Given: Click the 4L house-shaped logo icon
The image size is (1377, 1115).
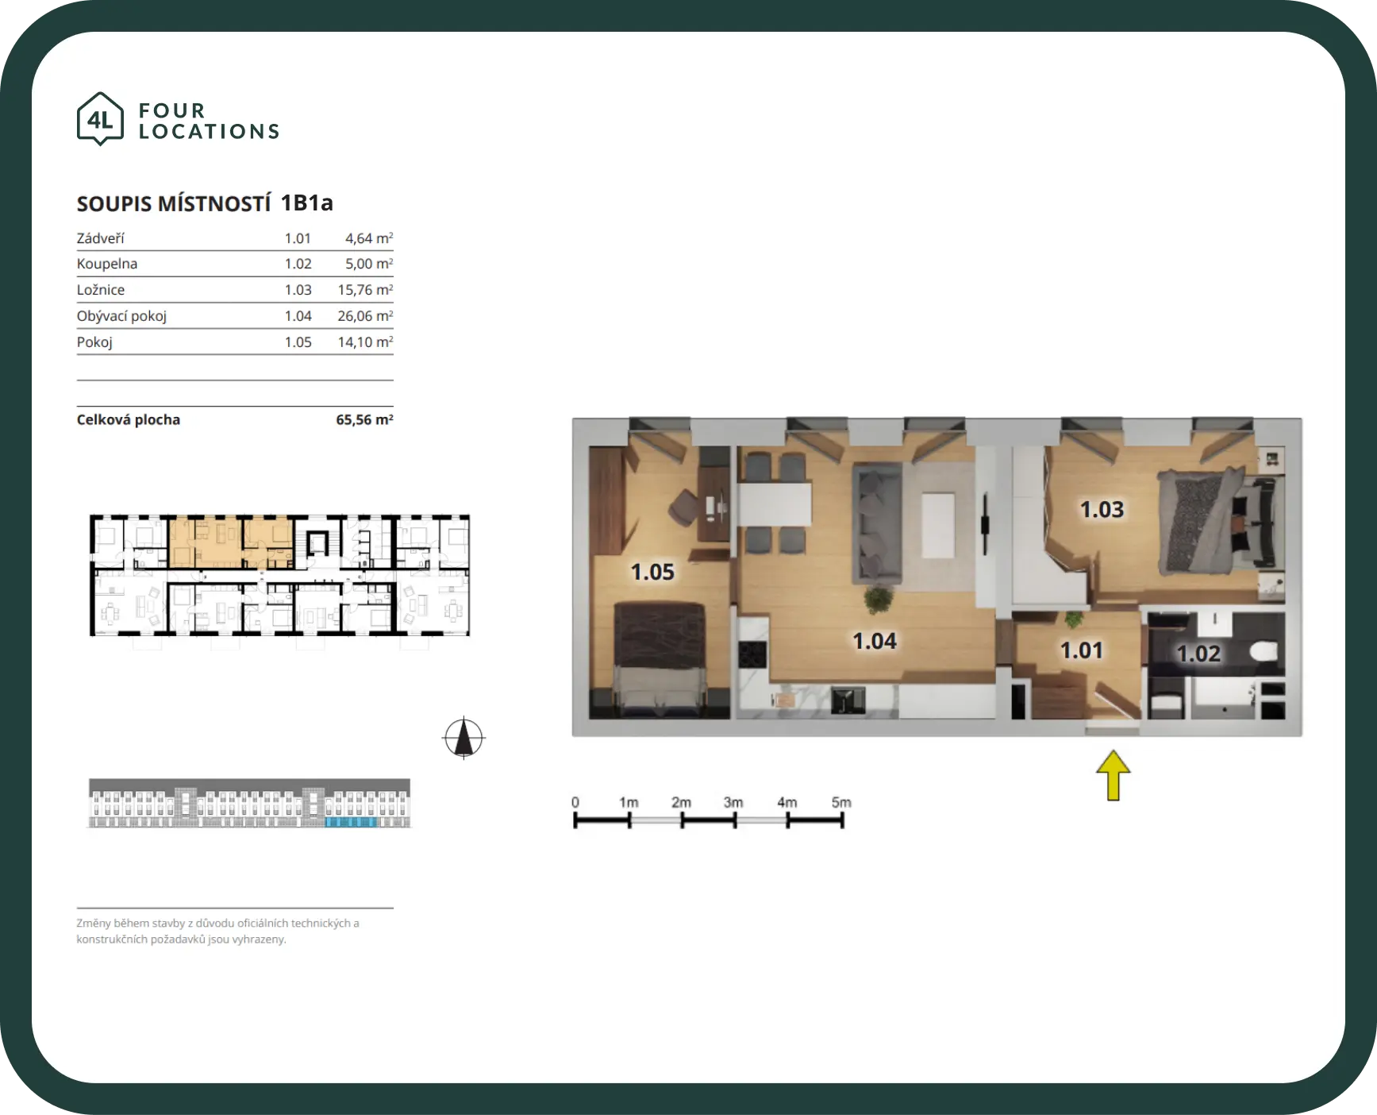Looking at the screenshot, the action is pos(100,119).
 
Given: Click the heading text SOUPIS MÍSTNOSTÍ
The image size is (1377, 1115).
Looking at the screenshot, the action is pos(174,204).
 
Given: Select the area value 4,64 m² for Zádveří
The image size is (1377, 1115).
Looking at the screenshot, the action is pos(369,238).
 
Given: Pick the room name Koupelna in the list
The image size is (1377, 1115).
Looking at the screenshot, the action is pos(107,264).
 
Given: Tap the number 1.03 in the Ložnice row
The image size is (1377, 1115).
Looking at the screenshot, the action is pos(298,290).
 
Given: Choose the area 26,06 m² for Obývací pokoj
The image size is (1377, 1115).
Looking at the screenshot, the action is pos(365,316).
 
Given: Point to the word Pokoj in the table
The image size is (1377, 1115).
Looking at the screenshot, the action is pos(94,342).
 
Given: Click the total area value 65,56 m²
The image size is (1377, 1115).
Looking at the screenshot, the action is pos(364,419).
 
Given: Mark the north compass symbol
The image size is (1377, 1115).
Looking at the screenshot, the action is pos(463,738).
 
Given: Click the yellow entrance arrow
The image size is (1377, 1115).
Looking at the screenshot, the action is pos(1114,775).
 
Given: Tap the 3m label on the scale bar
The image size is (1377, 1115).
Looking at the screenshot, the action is pos(733,802).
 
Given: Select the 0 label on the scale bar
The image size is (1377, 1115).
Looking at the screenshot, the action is pos(575,802).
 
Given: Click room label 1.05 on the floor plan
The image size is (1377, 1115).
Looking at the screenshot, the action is pos(652,572).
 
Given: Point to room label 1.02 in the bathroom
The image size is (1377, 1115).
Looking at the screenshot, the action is pos(1198,654).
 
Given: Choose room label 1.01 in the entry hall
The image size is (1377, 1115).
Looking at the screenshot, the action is pos(1082,650).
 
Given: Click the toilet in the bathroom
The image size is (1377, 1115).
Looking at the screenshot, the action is pos(1264,652).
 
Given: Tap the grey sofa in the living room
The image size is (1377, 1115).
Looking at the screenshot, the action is pos(877,523).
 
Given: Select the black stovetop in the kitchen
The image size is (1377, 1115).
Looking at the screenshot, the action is pos(752,654).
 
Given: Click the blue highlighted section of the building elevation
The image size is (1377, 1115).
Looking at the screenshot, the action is pos(351,822).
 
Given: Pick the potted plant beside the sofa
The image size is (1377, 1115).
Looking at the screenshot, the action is pos(879,599).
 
